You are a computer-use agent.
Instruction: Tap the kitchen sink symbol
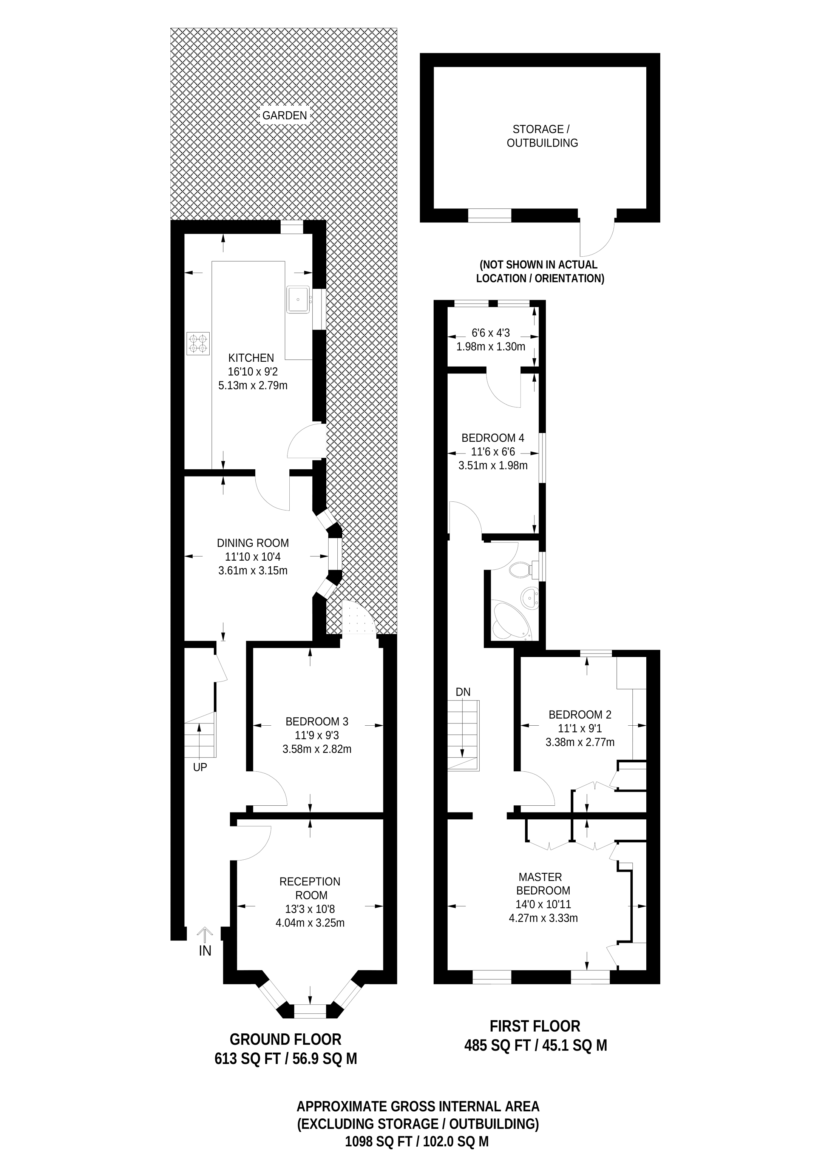click(x=298, y=299)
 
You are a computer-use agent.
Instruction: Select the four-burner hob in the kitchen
click(x=199, y=343)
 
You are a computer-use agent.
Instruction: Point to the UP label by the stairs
click(x=200, y=768)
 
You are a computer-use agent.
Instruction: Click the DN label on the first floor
click(x=463, y=692)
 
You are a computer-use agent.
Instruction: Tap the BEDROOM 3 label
click(x=317, y=722)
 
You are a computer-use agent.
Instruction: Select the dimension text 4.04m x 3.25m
click(x=310, y=923)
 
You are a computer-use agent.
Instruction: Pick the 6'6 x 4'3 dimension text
click(x=491, y=333)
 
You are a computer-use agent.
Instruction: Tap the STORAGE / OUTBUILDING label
click(x=542, y=136)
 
